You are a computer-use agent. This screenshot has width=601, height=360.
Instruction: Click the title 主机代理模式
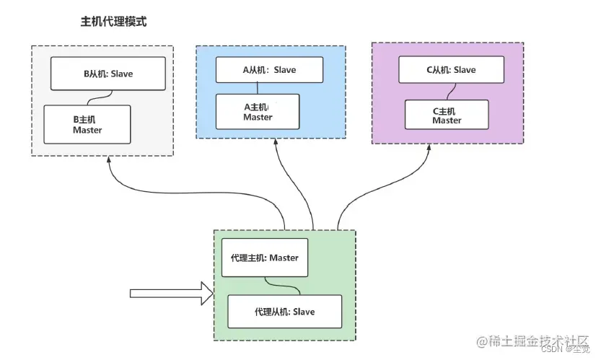click(x=113, y=22)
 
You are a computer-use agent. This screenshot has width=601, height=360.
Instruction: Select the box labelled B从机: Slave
click(x=109, y=74)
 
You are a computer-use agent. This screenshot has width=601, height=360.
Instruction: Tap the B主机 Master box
click(x=87, y=124)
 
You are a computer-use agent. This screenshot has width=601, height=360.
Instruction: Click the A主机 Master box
click(x=258, y=112)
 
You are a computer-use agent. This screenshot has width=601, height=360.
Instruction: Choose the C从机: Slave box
click(x=447, y=70)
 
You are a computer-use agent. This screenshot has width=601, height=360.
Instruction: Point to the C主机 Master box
click(x=447, y=116)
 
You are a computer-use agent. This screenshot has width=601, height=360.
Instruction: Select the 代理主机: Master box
click(x=265, y=258)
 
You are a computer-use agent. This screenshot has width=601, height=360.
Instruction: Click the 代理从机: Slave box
click(x=284, y=312)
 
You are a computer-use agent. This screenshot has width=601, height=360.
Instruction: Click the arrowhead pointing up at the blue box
click(x=275, y=145)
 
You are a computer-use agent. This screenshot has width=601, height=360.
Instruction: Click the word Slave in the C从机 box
click(x=465, y=70)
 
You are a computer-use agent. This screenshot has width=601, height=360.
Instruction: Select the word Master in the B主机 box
click(x=87, y=130)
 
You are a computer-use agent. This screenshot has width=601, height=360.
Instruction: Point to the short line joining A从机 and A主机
click(x=258, y=89)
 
